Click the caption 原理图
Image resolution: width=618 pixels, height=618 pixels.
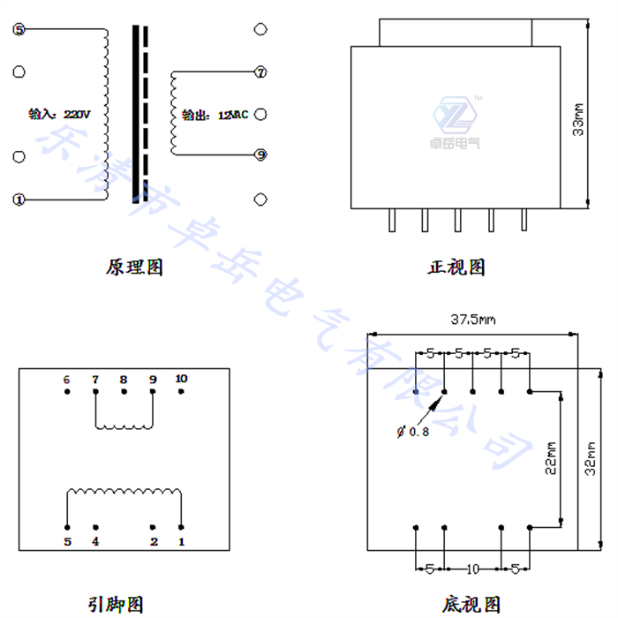(134, 266)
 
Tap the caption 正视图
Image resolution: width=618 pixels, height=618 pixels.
(456, 266)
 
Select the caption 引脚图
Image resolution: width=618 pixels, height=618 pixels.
(115, 604)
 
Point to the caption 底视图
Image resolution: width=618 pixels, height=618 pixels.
(472, 604)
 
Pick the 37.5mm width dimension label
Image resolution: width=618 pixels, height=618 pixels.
(474, 320)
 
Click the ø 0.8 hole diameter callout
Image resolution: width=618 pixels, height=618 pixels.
(413, 432)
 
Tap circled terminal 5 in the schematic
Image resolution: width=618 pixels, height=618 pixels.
(19, 30)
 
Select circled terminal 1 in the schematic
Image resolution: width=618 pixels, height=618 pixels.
(19, 200)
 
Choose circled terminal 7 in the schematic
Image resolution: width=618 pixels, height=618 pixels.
(260, 73)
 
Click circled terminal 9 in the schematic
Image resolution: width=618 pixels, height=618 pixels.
(260, 154)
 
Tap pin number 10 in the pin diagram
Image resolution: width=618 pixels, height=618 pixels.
(181, 379)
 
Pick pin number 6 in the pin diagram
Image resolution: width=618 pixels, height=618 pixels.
(66, 380)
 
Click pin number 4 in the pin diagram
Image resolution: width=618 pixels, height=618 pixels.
(95, 540)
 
